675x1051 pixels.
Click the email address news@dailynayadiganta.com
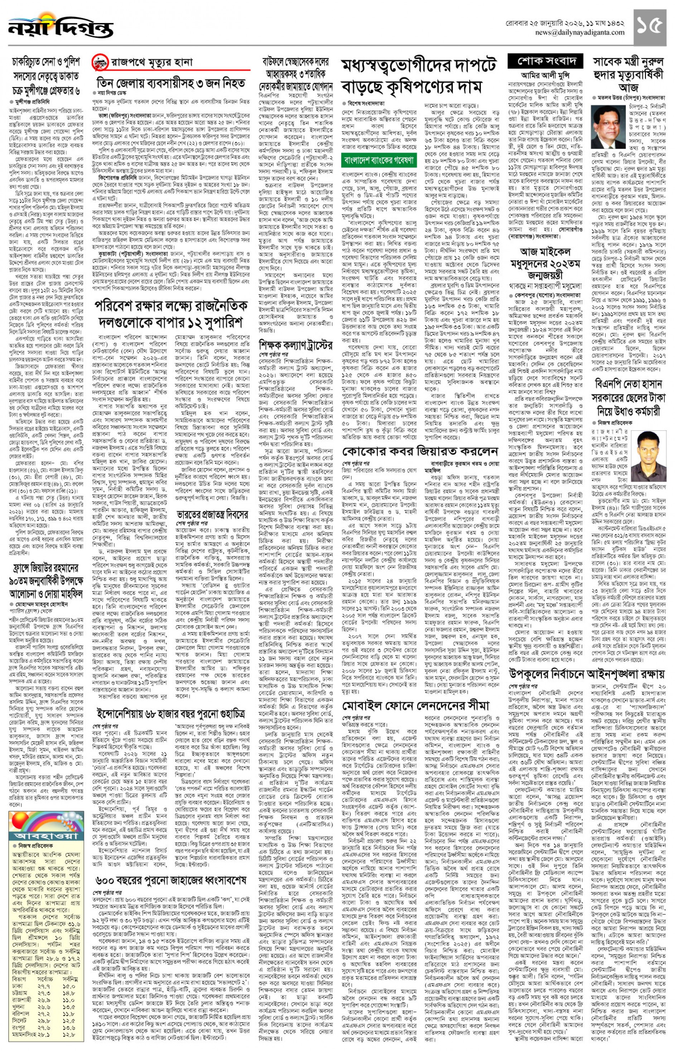[579, 33]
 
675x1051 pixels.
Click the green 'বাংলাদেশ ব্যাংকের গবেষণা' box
[379, 160]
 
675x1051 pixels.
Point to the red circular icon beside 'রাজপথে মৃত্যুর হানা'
[100, 62]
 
